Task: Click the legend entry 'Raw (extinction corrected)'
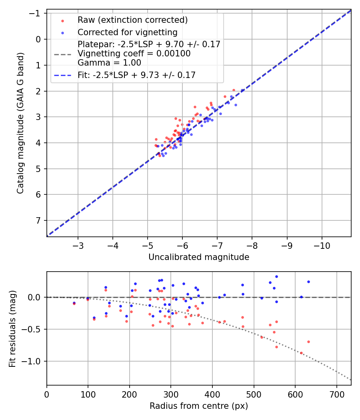[x=132, y=20]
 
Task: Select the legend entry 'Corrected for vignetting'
[x=128, y=32]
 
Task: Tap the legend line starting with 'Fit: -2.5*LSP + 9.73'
[x=136, y=75]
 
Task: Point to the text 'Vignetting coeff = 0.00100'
[x=134, y=53]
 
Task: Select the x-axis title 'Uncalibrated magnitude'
[x=199, y=257]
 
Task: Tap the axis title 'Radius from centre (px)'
[x=199, y=406]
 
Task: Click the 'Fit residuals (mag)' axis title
[x=12, y=328]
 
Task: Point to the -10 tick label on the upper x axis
[x=322, y=245]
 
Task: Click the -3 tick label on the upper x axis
[x=78, y=245]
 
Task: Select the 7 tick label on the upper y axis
[x=39, y=220]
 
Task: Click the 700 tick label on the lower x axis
[x=336, y=394]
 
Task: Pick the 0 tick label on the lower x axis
[x=47, y=394]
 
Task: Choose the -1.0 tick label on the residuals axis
[x=32, y=361]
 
